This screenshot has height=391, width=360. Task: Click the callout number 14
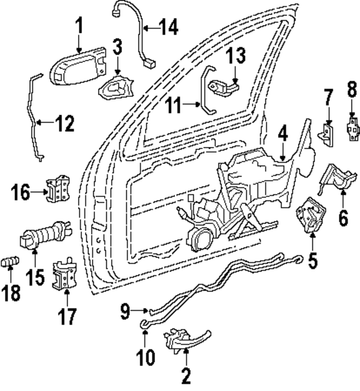click(169, 27)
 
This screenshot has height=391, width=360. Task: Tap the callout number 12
click(64, 123)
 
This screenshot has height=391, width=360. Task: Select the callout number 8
click(352, 88)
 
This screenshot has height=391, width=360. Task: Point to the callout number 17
click(67, 316)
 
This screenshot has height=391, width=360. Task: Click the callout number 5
click(313, 260)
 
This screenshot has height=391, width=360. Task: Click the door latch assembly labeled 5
click(311, 215)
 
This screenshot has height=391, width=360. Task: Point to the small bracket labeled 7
click(326, 135)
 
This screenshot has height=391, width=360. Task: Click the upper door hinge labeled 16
click(58, 188)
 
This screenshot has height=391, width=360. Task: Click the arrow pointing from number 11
click(191, 105)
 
